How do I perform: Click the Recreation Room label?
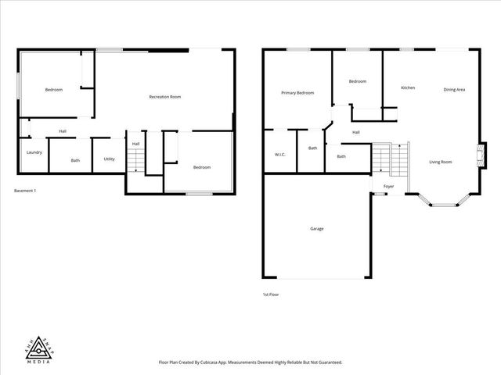tap(165, 97)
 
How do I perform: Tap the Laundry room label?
tap(34, 152)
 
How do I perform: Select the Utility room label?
tap(110, 159)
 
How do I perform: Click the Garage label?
tap(317, 229)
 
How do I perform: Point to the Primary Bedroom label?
tap(297, 93)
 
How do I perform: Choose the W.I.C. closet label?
tap(280, 155)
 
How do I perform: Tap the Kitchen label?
tap(408, 87)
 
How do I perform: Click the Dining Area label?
tap(455, 90)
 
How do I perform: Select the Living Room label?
tap(441, 162)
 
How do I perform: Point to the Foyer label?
tap(388, 186)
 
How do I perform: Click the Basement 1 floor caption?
tap(26, 191)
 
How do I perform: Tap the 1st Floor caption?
tap(271, 295)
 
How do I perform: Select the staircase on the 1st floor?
tap(389, 159)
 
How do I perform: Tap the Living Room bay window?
tap(443, 202)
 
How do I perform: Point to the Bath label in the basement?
tap(75, 161)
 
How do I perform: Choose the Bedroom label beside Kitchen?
tap(358, 81)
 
